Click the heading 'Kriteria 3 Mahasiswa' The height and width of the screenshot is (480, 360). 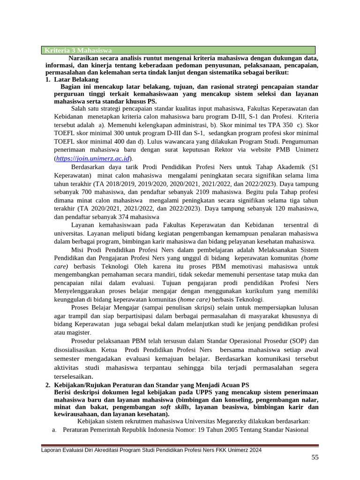[x=78, y=50]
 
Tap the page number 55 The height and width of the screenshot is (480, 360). [x=315, y=457]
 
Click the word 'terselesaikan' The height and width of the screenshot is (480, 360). [x=73, y=376]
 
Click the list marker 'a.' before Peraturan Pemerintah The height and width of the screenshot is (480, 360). [x=54, y=430]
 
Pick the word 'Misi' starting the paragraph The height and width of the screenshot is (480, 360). [x=78, y=249]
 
